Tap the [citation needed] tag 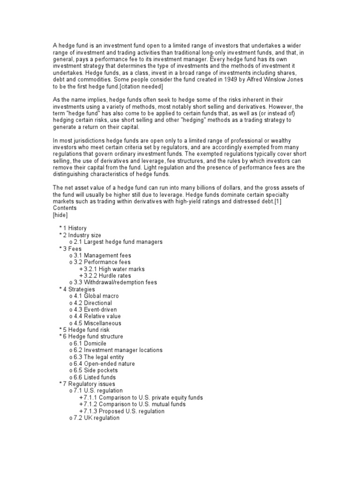136,86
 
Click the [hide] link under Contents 60,215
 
